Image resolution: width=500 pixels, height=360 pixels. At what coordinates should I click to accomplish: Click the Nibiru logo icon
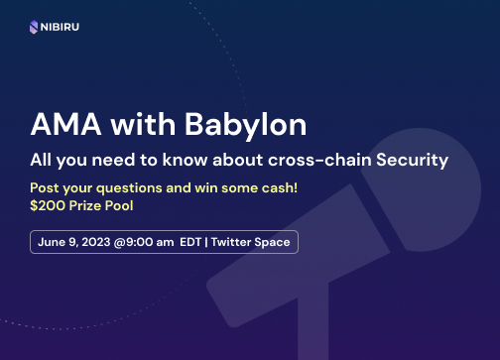coord(37,27)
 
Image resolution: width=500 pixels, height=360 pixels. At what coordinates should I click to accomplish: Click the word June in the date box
coord(53,241)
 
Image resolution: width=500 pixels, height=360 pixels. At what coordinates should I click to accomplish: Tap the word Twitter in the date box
coord(233,241)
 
